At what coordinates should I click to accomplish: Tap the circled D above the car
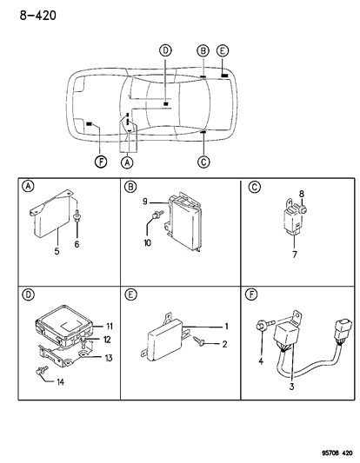[165, 50]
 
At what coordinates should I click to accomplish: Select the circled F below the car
[102, 162]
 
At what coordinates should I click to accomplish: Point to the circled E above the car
[223, 50]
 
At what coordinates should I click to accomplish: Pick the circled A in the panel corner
[29, 187]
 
